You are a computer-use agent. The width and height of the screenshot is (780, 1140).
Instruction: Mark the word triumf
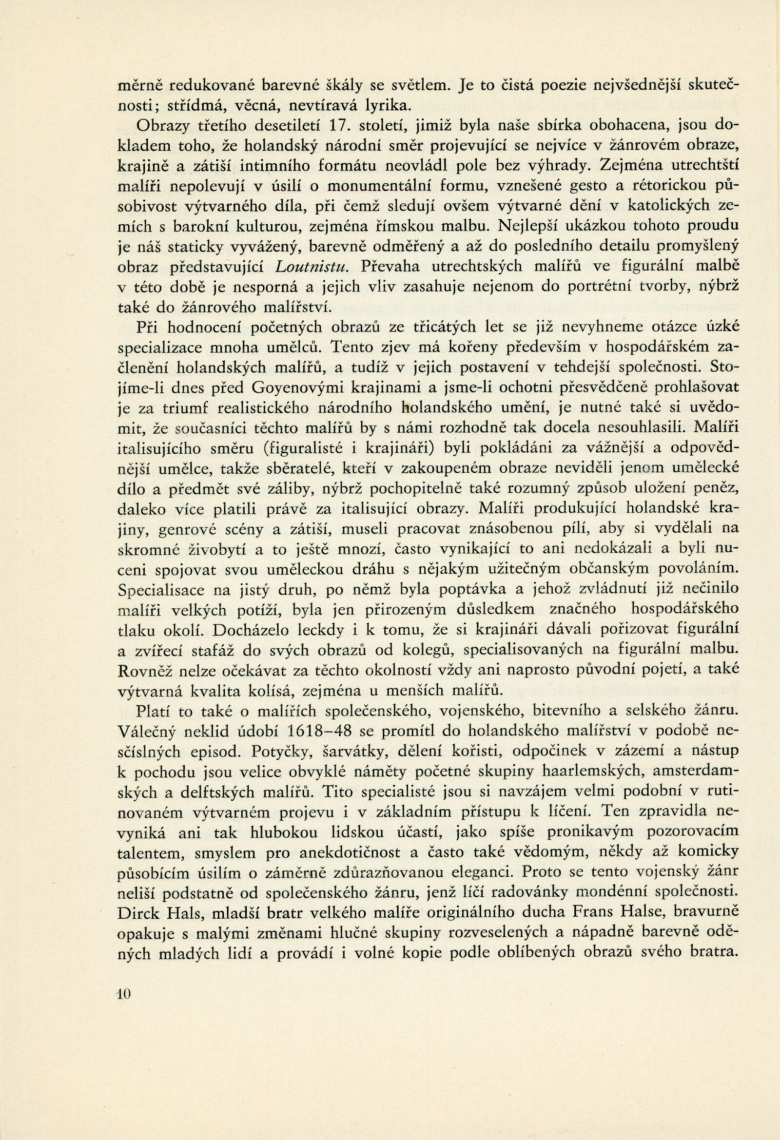(193, 407)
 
